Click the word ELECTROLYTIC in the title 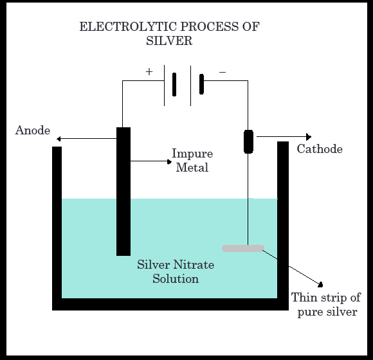[119, 27]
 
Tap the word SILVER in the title [170, 40]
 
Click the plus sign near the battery [149, 72]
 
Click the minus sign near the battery [223, 72]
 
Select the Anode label [32, 130]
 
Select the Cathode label [320, 149]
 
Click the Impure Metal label [192, 161]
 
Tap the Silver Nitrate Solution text [176, 272]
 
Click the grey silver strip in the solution [243, 248]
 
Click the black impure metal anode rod [123, 193]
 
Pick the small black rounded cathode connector [249, 141]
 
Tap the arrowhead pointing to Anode [59, 139]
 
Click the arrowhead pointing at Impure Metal [167, 161]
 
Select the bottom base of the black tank [170, 304]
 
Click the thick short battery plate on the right [201, 85]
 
